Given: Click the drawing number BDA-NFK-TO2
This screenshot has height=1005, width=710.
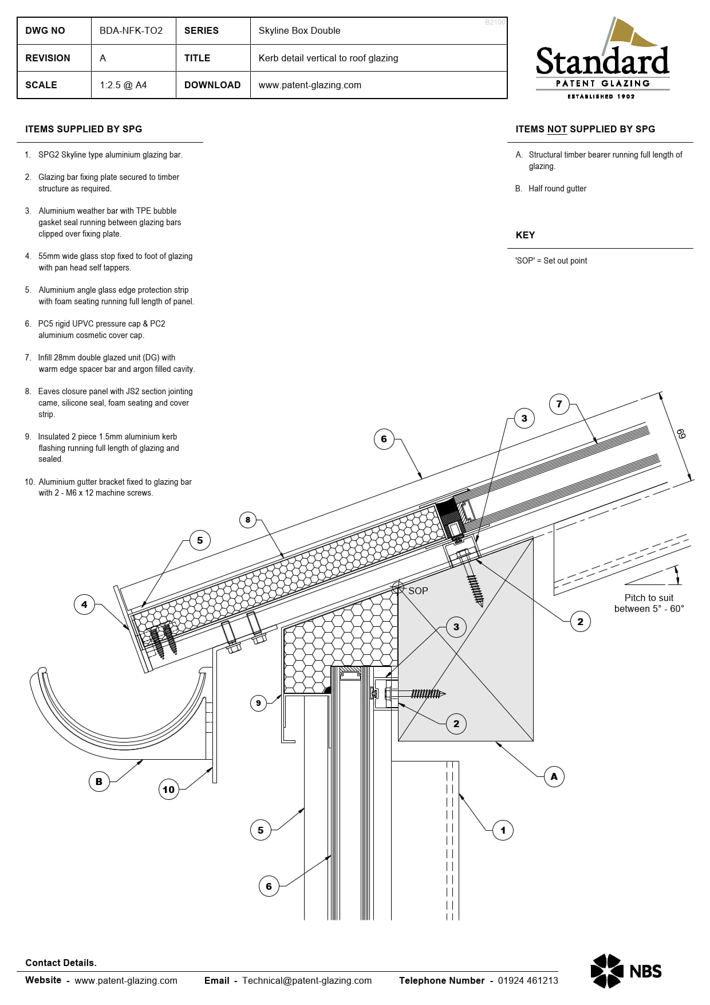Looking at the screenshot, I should (131, 30).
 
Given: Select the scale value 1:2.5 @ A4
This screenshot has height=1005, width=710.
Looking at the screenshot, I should (123, 85).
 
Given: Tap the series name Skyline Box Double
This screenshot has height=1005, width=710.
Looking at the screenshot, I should (299, 30).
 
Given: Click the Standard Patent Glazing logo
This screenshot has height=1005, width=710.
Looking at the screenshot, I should (602, 60).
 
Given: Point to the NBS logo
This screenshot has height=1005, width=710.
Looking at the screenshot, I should (626, 971).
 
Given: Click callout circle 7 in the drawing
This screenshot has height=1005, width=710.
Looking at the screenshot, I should (559, 404).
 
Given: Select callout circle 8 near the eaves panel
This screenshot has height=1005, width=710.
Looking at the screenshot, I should (248, 520).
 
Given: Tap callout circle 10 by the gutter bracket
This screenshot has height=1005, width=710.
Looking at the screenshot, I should (168, 790).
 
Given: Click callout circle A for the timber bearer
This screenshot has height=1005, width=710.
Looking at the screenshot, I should (554, 776).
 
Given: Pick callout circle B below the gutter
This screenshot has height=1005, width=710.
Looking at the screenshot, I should (99, 781).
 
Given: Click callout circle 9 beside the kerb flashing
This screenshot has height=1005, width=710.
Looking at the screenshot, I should (258, 703).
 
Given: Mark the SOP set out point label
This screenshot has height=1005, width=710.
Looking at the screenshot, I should (418, 591).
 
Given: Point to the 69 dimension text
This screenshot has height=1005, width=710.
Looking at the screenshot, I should (680, 434).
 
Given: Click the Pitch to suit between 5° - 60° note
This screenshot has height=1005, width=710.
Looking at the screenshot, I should (649, 603).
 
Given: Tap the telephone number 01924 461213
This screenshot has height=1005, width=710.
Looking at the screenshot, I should (527, 980).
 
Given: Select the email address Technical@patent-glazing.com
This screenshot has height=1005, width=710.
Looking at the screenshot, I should (307, 980).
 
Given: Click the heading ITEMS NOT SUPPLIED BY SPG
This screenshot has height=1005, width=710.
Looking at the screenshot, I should (585, 129).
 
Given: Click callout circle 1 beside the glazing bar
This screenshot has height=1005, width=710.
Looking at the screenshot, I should (503, 830).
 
